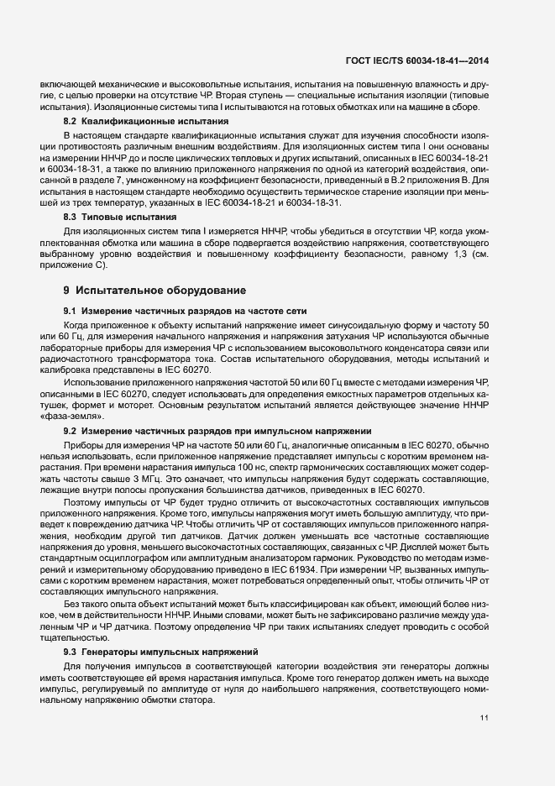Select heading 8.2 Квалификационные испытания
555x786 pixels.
point(147,122)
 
